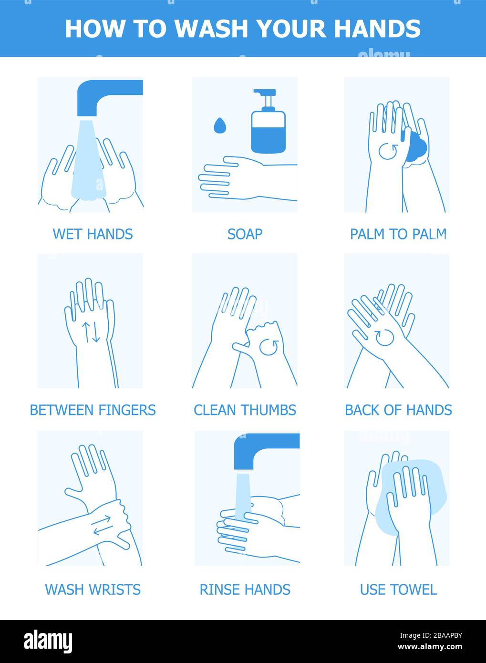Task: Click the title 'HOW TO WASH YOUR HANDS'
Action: point(243,29)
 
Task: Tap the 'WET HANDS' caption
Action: point(93,234)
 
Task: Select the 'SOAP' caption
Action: point(245,234)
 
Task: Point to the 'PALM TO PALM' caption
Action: point(398,234)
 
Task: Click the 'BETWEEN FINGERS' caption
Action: point(93,410)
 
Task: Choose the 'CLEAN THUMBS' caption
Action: point(245,410)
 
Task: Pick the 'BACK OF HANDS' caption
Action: point(398,410)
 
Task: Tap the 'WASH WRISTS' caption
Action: point(93,590)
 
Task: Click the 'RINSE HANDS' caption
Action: point(245,590)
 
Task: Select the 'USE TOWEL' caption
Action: point(398,590)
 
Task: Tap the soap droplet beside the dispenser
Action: point(219,125)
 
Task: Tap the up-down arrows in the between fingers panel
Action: point(91,332)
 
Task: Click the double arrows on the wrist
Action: point(102,525)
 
